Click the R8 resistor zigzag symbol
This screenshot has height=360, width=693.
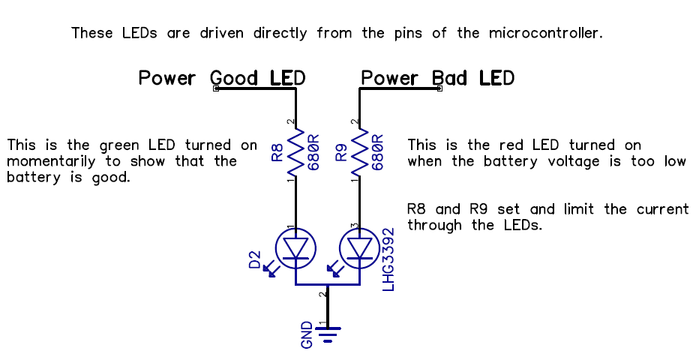click(296, 153)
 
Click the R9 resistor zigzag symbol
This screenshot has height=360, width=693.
click(360, 153)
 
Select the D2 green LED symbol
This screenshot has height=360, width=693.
click(296, 248)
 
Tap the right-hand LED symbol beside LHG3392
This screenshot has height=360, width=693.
click(360, 248)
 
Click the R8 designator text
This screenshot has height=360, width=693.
click(277, 154)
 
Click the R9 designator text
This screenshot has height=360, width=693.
click(341, 154)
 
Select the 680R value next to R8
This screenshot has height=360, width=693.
click(313, 153)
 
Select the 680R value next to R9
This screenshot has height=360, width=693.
click(378, 153)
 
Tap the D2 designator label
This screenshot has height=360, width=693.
click(256, 260)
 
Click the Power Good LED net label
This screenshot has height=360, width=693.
click(222, 78)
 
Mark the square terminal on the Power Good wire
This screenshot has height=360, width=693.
click(216, 88)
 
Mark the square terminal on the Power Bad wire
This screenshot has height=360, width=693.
click(439, 88)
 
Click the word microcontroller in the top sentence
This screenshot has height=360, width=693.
click(545, 34)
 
